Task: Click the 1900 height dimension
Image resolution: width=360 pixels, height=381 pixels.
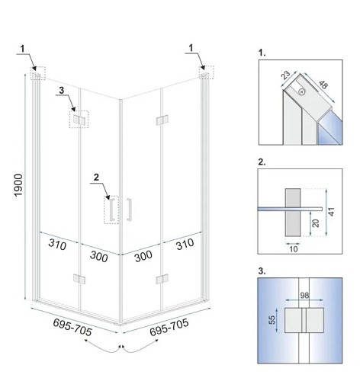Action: tap(19, 185)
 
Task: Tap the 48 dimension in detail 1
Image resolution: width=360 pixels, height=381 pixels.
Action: tap(323, 85)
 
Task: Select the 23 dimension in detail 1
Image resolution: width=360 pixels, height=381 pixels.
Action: tap(286, 75)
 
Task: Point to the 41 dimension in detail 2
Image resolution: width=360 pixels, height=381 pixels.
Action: tap(331, 212)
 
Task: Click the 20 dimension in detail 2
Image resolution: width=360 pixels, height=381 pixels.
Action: tap(315, 223)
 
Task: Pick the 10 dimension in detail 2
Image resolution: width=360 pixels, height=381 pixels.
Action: tap(293, 249)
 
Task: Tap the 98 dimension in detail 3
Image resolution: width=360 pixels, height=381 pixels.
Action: tap(304, 296)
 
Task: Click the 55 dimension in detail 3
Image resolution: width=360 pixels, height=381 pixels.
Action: tap(272, 320)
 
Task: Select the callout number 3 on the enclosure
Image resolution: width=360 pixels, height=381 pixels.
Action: tap(61, 91)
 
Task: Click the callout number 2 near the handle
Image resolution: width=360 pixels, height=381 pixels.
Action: tap(96, 178)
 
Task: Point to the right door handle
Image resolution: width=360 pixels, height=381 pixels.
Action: tap(129, 210)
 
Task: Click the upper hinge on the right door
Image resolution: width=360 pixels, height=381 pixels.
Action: tap(162, 120)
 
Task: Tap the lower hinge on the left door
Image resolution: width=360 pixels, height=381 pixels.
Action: tap(79, 279)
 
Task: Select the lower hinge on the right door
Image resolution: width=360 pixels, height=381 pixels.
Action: tap(162, 279)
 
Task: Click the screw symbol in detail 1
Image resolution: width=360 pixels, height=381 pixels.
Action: tap(302, 91)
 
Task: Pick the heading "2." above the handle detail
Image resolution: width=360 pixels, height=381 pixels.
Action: tap(262, 162)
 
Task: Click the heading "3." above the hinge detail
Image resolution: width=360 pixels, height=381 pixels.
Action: tap(262, 271)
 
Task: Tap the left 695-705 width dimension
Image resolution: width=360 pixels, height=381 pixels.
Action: tap(72, 328)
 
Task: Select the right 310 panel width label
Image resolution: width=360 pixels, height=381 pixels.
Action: tap(185, 245)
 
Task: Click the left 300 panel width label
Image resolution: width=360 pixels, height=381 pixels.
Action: tap(99, 257)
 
